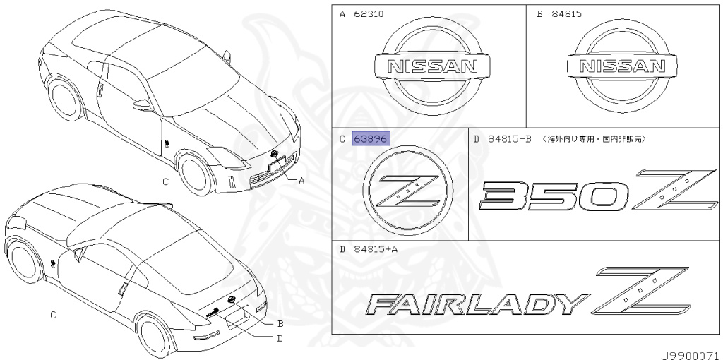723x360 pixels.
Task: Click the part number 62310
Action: (x=369, y=14)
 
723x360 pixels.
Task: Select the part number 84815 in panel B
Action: (x=567, y=14)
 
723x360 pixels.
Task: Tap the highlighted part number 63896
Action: (x=371, y=139)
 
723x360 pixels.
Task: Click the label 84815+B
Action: (x=507, y=139)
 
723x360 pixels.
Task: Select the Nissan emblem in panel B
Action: (x=622, y=66)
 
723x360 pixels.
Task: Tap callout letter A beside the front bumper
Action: (x=301, y=180)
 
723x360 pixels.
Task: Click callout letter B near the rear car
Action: (x=280, y=324)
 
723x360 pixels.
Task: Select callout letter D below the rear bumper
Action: (x=280, y=338)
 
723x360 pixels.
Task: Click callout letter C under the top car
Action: (x=165, y=181)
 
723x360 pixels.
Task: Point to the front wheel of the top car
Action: (x=193, y=172)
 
